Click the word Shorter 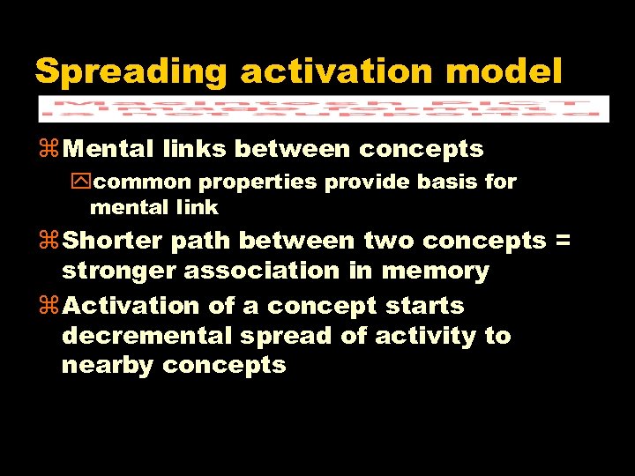click(x=114, y=241)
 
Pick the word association click(x=262, y=271)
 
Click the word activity click(x=427, y=336)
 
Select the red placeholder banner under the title click(x=323, y=108)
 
